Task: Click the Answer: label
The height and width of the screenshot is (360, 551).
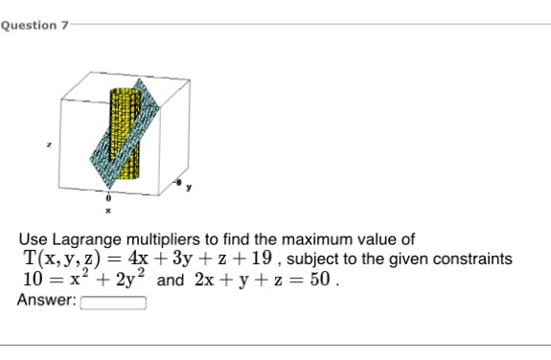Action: (x=46, y=301)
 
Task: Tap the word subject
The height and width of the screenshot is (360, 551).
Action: (x=312, y=259)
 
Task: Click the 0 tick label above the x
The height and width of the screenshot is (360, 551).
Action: (x=108, y=195)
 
